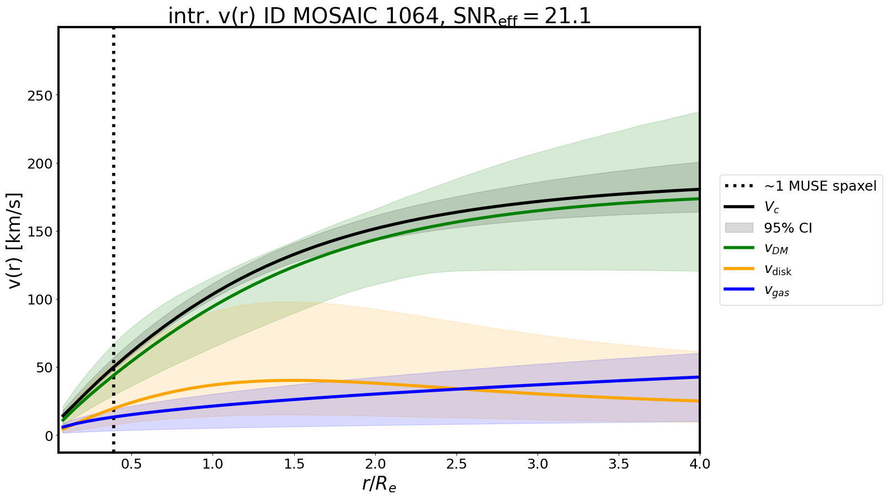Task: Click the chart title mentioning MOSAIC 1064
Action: (x=379, y=17)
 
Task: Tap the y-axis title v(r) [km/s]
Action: (x=16, y=240)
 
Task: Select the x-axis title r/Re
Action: (x=379, y=484)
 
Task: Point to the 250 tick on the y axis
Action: (x=40, y=96)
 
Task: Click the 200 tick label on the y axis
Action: (x=40, y=164)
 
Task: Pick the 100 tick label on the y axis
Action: (x=40, y=300)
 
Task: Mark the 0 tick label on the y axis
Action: (x=49, y=435)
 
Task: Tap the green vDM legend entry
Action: (x=776, y=249)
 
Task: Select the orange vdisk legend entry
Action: (x=778, y=270)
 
